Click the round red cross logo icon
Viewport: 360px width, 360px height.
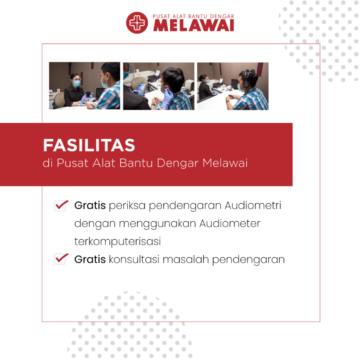coord(137,23)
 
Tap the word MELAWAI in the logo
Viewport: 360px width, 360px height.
coord(194,25)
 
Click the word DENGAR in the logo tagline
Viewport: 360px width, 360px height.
coord(222,16)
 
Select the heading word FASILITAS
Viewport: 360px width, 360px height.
coord(89,145)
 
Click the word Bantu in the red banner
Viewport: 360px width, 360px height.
coord(136,163)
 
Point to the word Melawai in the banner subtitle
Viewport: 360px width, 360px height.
coord(225,163)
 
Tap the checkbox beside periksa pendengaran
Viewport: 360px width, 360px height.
coord(61,205)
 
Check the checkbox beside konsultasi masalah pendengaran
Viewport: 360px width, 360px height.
coord(61,259)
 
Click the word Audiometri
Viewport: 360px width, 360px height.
coord(253,205)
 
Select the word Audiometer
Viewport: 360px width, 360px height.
coord(230,223)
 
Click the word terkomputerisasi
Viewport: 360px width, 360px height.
coord(118,241)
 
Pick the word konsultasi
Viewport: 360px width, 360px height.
coord(134,259)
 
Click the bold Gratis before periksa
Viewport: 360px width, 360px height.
coord(90,205)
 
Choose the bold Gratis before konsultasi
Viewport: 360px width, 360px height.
coord(90,259)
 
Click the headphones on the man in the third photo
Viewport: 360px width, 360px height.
coord(247,79)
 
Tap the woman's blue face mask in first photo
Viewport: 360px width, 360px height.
coord(77,83)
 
